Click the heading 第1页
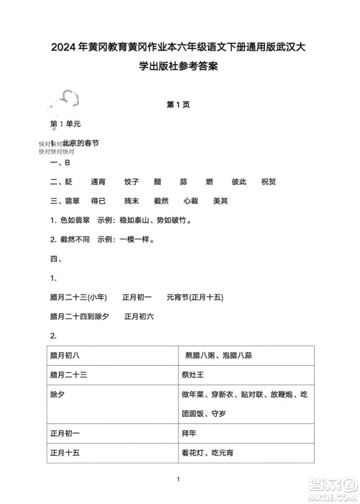tap(179, 104)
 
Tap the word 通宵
tap(98, 182)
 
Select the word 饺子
tap(131, 182)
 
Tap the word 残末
tap(132, 201)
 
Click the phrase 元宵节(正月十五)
tap(194, 297)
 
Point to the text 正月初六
tap(139, 315)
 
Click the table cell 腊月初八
tap(65, 355)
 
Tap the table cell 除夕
tap(58, 395)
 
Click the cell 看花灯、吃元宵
tap(208, 453)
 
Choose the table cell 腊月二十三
tap(68, 374)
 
